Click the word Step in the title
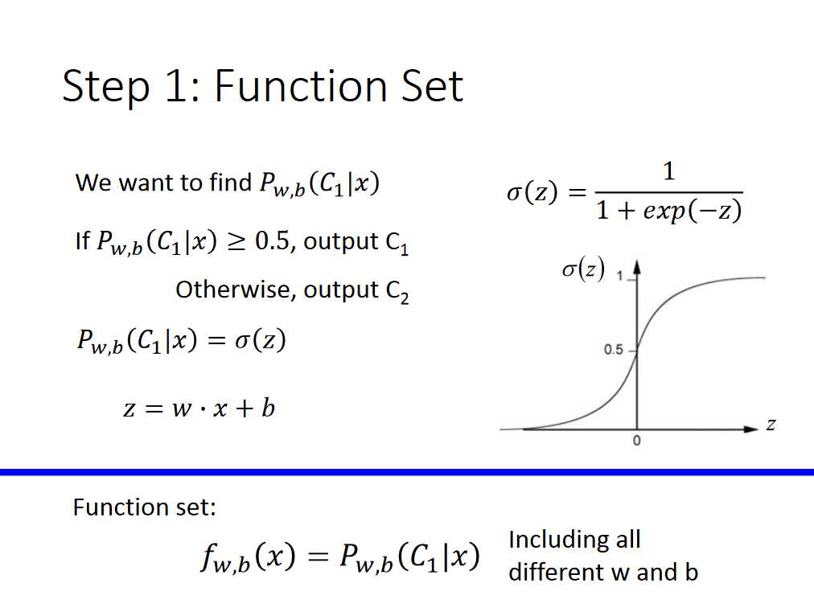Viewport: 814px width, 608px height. click(106, 87)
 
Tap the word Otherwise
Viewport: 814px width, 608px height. click(233, 290)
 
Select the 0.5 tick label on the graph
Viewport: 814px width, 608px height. click(613, 349)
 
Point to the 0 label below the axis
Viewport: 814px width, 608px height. click(637, 441)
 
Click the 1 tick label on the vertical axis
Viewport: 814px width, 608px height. click(619, 276)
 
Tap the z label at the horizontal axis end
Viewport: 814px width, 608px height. click(771, 425)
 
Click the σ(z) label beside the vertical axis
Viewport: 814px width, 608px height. click(583, 269)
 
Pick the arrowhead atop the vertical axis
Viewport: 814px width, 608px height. click(637, 267)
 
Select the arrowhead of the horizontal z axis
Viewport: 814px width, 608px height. click(751, 429)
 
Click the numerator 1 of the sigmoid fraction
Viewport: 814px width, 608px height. click(669, 171)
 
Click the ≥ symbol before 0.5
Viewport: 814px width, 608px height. click(236, 242)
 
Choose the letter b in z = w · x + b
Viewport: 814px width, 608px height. click(268, 407)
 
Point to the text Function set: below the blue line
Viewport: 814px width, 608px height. click(144, 507)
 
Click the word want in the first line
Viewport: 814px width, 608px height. click(148, 183)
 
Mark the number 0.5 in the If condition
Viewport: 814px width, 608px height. click(272, 241)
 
